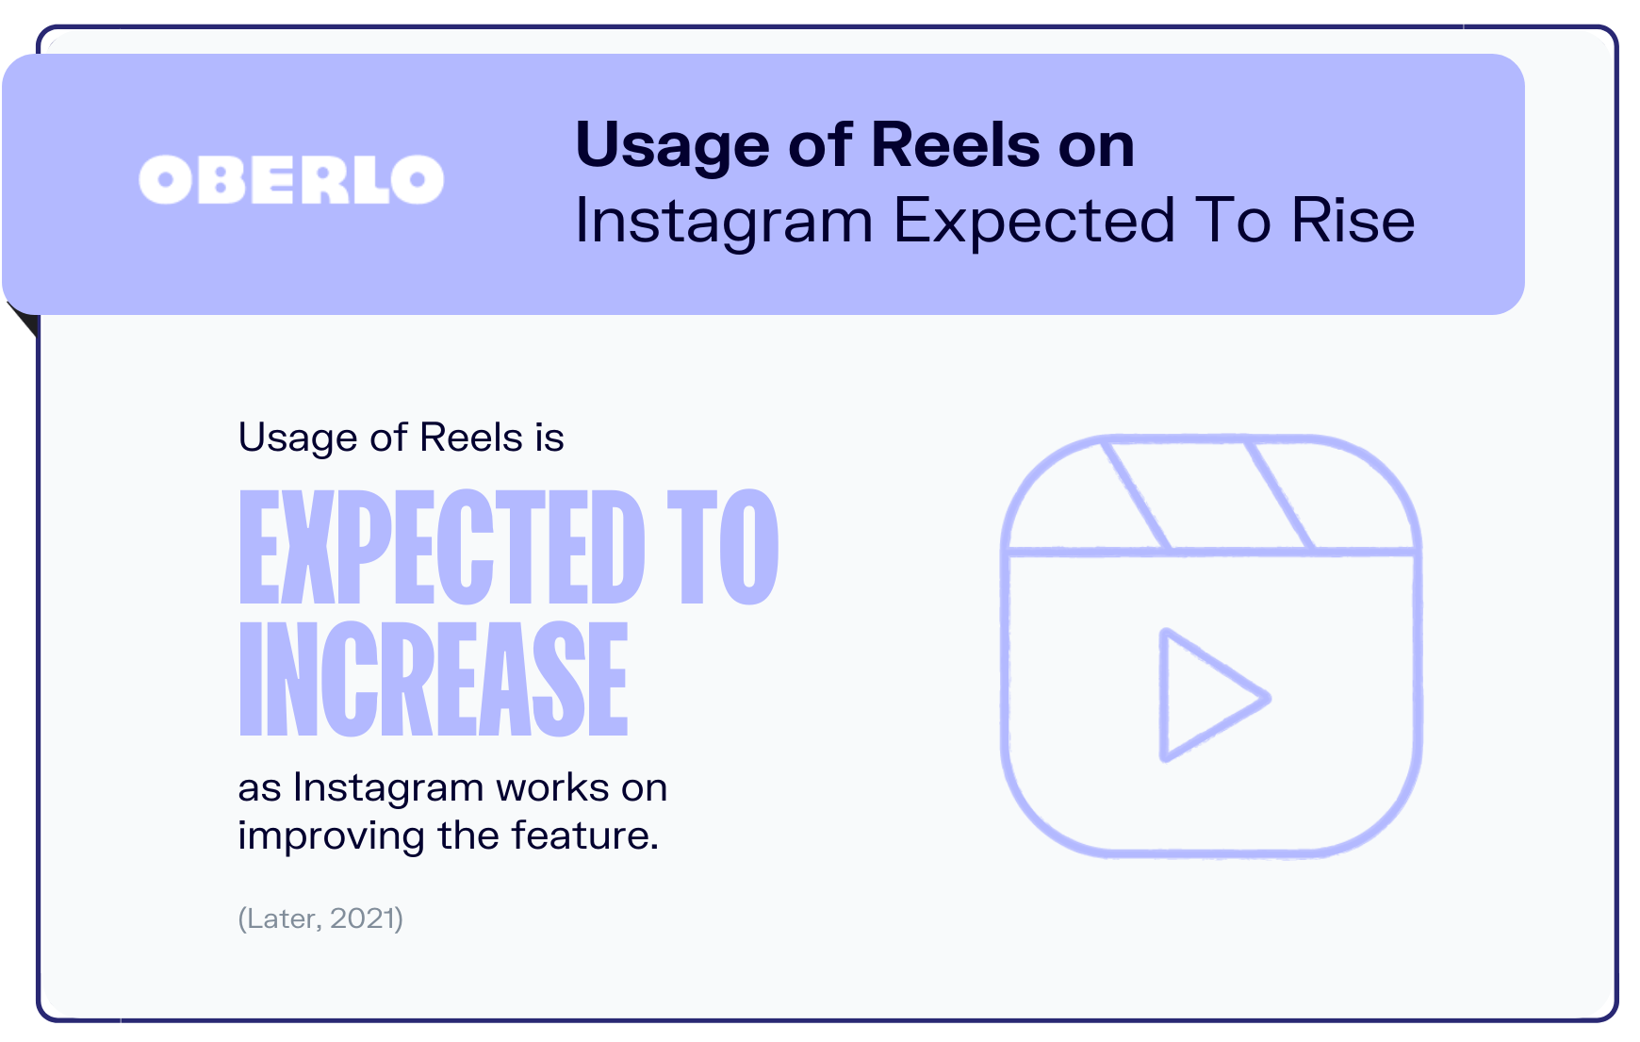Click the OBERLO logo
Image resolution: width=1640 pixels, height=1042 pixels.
pyautogui.click(x=291, y=179)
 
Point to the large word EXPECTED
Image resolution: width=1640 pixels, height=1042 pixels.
pyautogui.click(x=442, y=547)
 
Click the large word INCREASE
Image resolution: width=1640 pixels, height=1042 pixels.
pyautogui.click(x=434, y=678)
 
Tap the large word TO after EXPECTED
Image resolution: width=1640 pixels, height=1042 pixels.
pyautogui.click(x=723, y=547)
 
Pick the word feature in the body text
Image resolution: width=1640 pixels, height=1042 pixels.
pyautogui.click(x=584, y=835)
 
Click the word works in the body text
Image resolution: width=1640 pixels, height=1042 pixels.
pyautogui.click(x=551, y=787)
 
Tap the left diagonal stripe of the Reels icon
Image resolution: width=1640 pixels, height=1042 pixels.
pyautogui.click(x=1136, y=494)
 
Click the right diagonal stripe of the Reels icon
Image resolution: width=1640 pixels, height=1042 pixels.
pyautogui.click(x=1279, y=494)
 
